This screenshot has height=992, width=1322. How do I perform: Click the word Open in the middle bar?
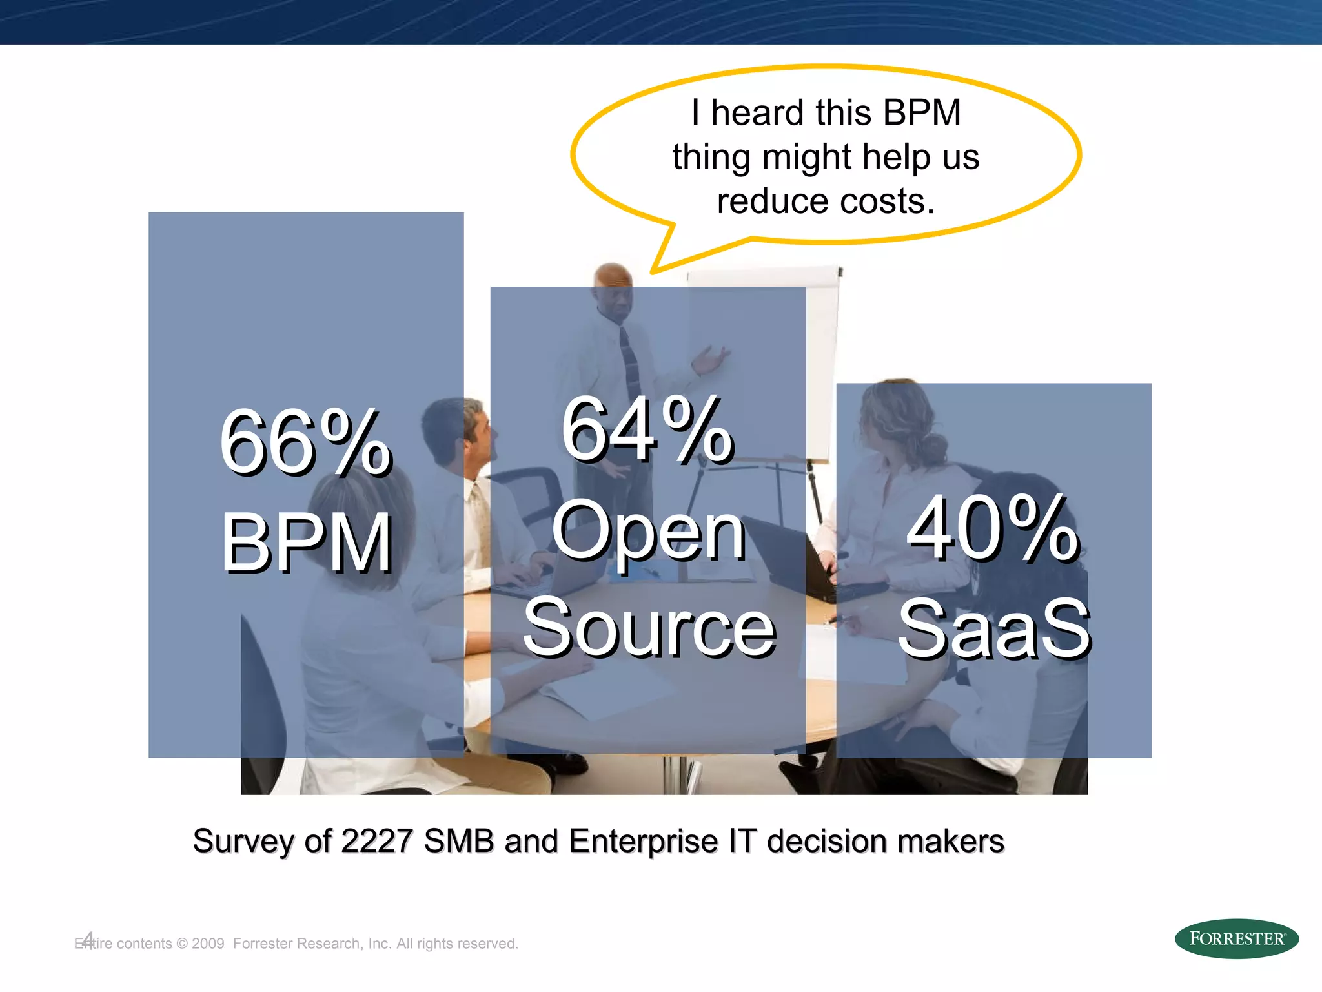tap(648, 531)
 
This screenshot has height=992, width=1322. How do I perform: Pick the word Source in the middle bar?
tap(649, 626)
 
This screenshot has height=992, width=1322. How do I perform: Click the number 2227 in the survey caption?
tap(376, 841)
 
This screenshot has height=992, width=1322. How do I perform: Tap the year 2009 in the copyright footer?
tap(208, 944)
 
